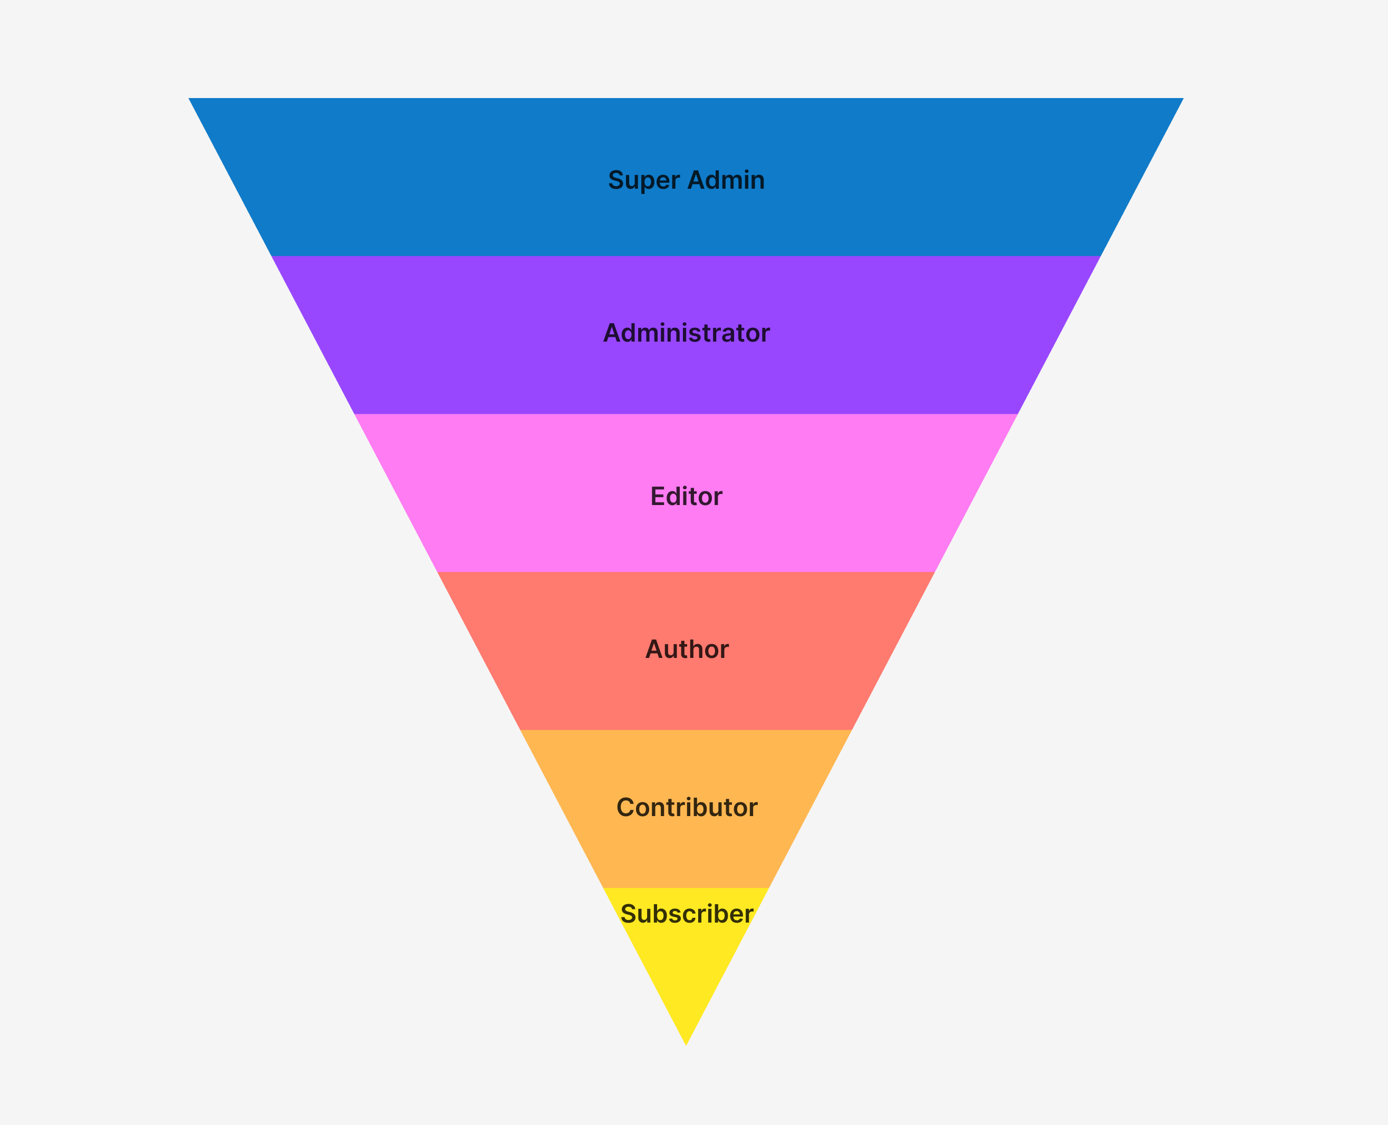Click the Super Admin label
point(686,180)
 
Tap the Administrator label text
point(686,333)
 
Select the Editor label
point(686,497)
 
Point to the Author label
point(687,649)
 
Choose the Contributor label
point(687,808)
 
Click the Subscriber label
point(687,914)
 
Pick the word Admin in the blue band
point(726,180)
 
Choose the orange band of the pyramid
point(686,849)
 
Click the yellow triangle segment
point(686,959)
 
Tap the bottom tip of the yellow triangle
point(686,1045)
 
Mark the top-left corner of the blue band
point(189,99)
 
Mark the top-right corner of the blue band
point(1183,99)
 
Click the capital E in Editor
point(658,497)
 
